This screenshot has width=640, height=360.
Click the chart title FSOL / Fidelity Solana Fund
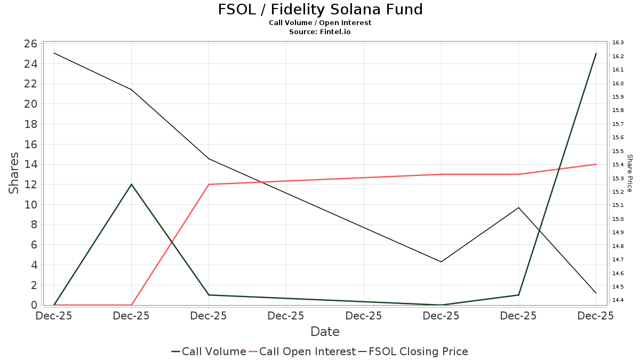click(x=320, y=10)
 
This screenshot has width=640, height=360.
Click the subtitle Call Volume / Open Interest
click(x=320, y=23)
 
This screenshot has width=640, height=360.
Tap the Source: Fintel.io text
click(x=320, y=31)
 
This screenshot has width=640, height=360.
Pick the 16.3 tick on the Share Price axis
click(x=618, y=43)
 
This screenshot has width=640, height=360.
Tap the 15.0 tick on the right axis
click(x=618, y=219)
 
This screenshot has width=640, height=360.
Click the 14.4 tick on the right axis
click(x=618, y=300)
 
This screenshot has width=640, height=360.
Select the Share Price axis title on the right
click(x=629, y=173)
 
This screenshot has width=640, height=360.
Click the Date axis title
click(x=325, y=332)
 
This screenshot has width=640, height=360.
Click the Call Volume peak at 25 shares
click(x=596, y=54)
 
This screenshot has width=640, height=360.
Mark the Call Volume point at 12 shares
click(x=132, y=185)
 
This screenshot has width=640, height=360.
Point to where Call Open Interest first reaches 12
click(x=209, y=185)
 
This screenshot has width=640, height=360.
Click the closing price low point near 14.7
click(x=441, y=262)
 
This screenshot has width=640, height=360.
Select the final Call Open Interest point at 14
click(x=596, y=164)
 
